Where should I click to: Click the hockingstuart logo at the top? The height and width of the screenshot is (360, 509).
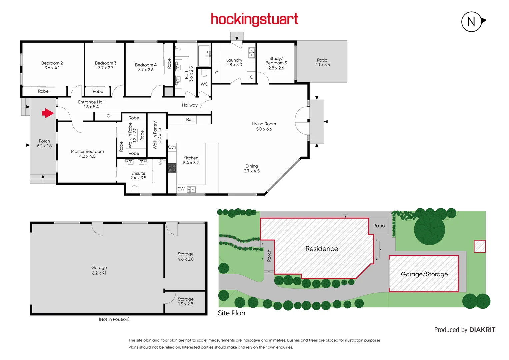[254, 19]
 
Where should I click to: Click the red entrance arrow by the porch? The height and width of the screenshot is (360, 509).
[48, 113]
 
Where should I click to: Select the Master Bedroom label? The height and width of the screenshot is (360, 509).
[87, 154]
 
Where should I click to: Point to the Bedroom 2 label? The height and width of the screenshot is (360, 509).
[52, 65]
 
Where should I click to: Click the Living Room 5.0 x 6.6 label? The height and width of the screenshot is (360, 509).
[264, 126]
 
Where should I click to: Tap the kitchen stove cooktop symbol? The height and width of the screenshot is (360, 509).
[172, 168]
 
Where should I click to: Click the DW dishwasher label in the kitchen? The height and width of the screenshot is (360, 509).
[181, 189]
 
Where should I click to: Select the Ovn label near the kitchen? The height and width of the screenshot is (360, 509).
[172, 147]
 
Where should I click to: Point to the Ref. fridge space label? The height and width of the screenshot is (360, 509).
[189, 119]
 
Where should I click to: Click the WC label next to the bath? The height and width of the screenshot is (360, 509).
[204, 84]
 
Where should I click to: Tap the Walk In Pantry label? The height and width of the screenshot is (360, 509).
[157, 135]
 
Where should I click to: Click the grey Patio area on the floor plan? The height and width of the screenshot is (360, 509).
[322, 62]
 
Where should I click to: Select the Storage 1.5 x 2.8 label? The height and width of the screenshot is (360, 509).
[185, 301]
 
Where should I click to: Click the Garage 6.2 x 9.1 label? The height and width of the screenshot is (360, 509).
[99, 270]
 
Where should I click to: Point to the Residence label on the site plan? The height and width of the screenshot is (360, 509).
[321, 249]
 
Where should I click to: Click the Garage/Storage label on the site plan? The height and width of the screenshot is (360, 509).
[424, 274]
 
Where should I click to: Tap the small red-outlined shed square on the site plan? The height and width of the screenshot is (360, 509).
[480, 246]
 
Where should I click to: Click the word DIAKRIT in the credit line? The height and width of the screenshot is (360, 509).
[482, 330]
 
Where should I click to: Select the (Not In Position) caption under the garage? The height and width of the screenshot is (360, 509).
[114, 319]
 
